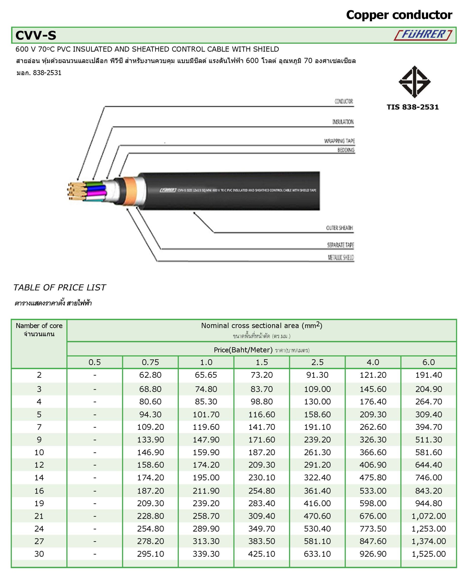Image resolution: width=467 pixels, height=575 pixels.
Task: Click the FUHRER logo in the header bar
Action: tap(423, 35)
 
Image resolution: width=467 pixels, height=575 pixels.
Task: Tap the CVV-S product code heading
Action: tap(36, 35)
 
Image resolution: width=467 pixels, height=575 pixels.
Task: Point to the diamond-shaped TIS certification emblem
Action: tap(414, 82)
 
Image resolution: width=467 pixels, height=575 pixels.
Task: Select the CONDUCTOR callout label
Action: tap(343, 101)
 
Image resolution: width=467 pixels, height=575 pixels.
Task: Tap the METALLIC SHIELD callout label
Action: tap(340, 257)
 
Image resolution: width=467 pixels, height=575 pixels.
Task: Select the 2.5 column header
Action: tap(317, 362)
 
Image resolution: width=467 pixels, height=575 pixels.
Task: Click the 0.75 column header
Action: tap(150, 362)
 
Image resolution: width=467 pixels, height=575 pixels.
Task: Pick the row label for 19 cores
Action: tap(39, 503)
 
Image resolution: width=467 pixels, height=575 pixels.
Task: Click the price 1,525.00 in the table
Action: tap(429, 554)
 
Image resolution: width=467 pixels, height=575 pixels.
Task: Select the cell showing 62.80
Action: tap(150, 375)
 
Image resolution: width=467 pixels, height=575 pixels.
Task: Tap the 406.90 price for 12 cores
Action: tap(373, 465)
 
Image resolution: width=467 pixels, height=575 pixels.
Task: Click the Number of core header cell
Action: tap(39, 330)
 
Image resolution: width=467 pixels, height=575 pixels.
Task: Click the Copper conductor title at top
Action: tap(399, 15)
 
